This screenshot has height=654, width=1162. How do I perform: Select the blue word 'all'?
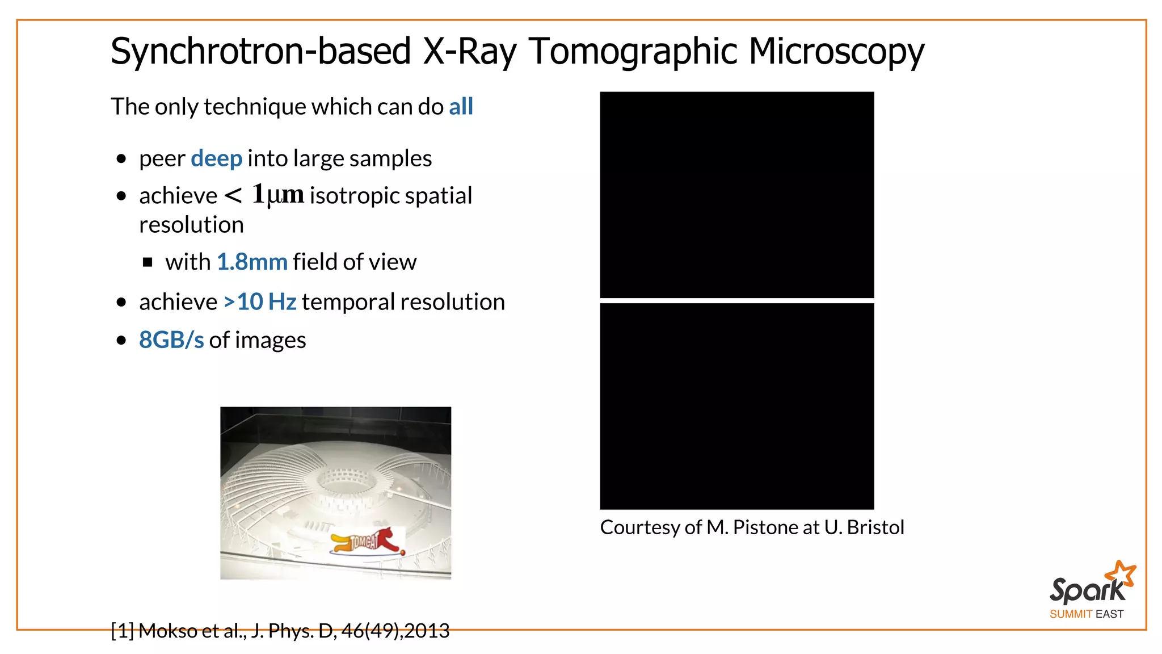(x=461, y=107)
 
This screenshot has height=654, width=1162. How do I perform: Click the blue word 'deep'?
(x=216, y=158)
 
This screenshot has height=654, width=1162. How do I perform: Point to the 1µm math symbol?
(x=277, y=195)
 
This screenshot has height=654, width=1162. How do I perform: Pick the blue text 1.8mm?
(x=252, y=262)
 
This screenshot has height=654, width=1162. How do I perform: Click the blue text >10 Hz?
(x=260, y=302)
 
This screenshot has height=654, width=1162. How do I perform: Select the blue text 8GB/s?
(x=171, y=340)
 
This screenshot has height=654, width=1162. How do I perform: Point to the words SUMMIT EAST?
(x=1086, y=614)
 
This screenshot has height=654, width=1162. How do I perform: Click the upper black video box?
(x=736, y=195)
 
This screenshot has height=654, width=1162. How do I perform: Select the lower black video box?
(x=736, y=406)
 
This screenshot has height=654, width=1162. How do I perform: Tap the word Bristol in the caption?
(x=875, y=527)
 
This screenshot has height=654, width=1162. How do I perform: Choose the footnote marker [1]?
(x=122, y=631)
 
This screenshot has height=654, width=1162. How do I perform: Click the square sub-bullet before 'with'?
(x=148, y=262)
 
